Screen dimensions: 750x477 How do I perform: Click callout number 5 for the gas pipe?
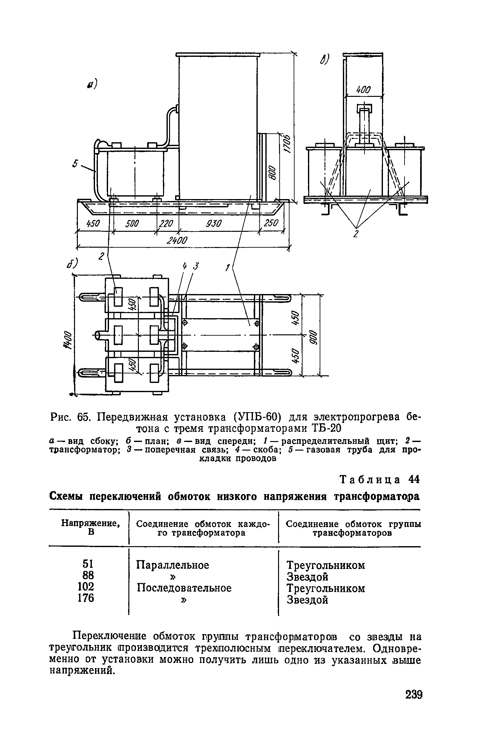tap(75, 164)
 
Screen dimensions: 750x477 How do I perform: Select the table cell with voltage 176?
tap(86, 598)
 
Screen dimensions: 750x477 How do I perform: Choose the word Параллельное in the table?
tap(173, 565)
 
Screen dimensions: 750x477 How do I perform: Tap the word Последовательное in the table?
tap(184, 588)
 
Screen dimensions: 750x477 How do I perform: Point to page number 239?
tap(413, 704)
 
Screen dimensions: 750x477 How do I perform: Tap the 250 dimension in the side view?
tap(271, 224)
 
